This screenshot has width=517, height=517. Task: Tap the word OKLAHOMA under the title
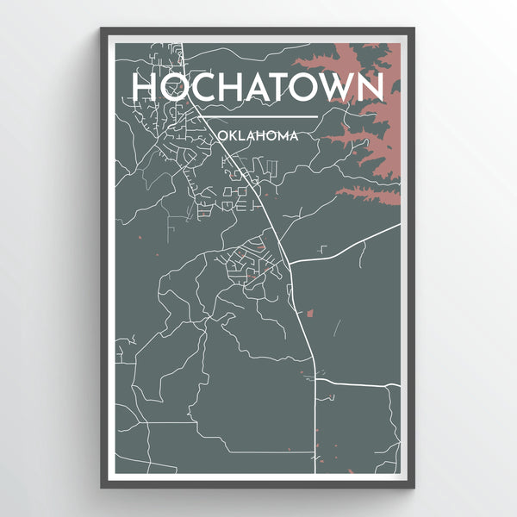click(x=258, y=135)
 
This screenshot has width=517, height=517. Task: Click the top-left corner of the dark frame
click(x=103, y=29)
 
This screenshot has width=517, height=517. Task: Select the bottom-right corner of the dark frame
click(x=414, y=487)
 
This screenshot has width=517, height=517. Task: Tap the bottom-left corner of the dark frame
click(x=103, y=487)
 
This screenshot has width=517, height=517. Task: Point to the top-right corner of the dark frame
click(x=414, y=29)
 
